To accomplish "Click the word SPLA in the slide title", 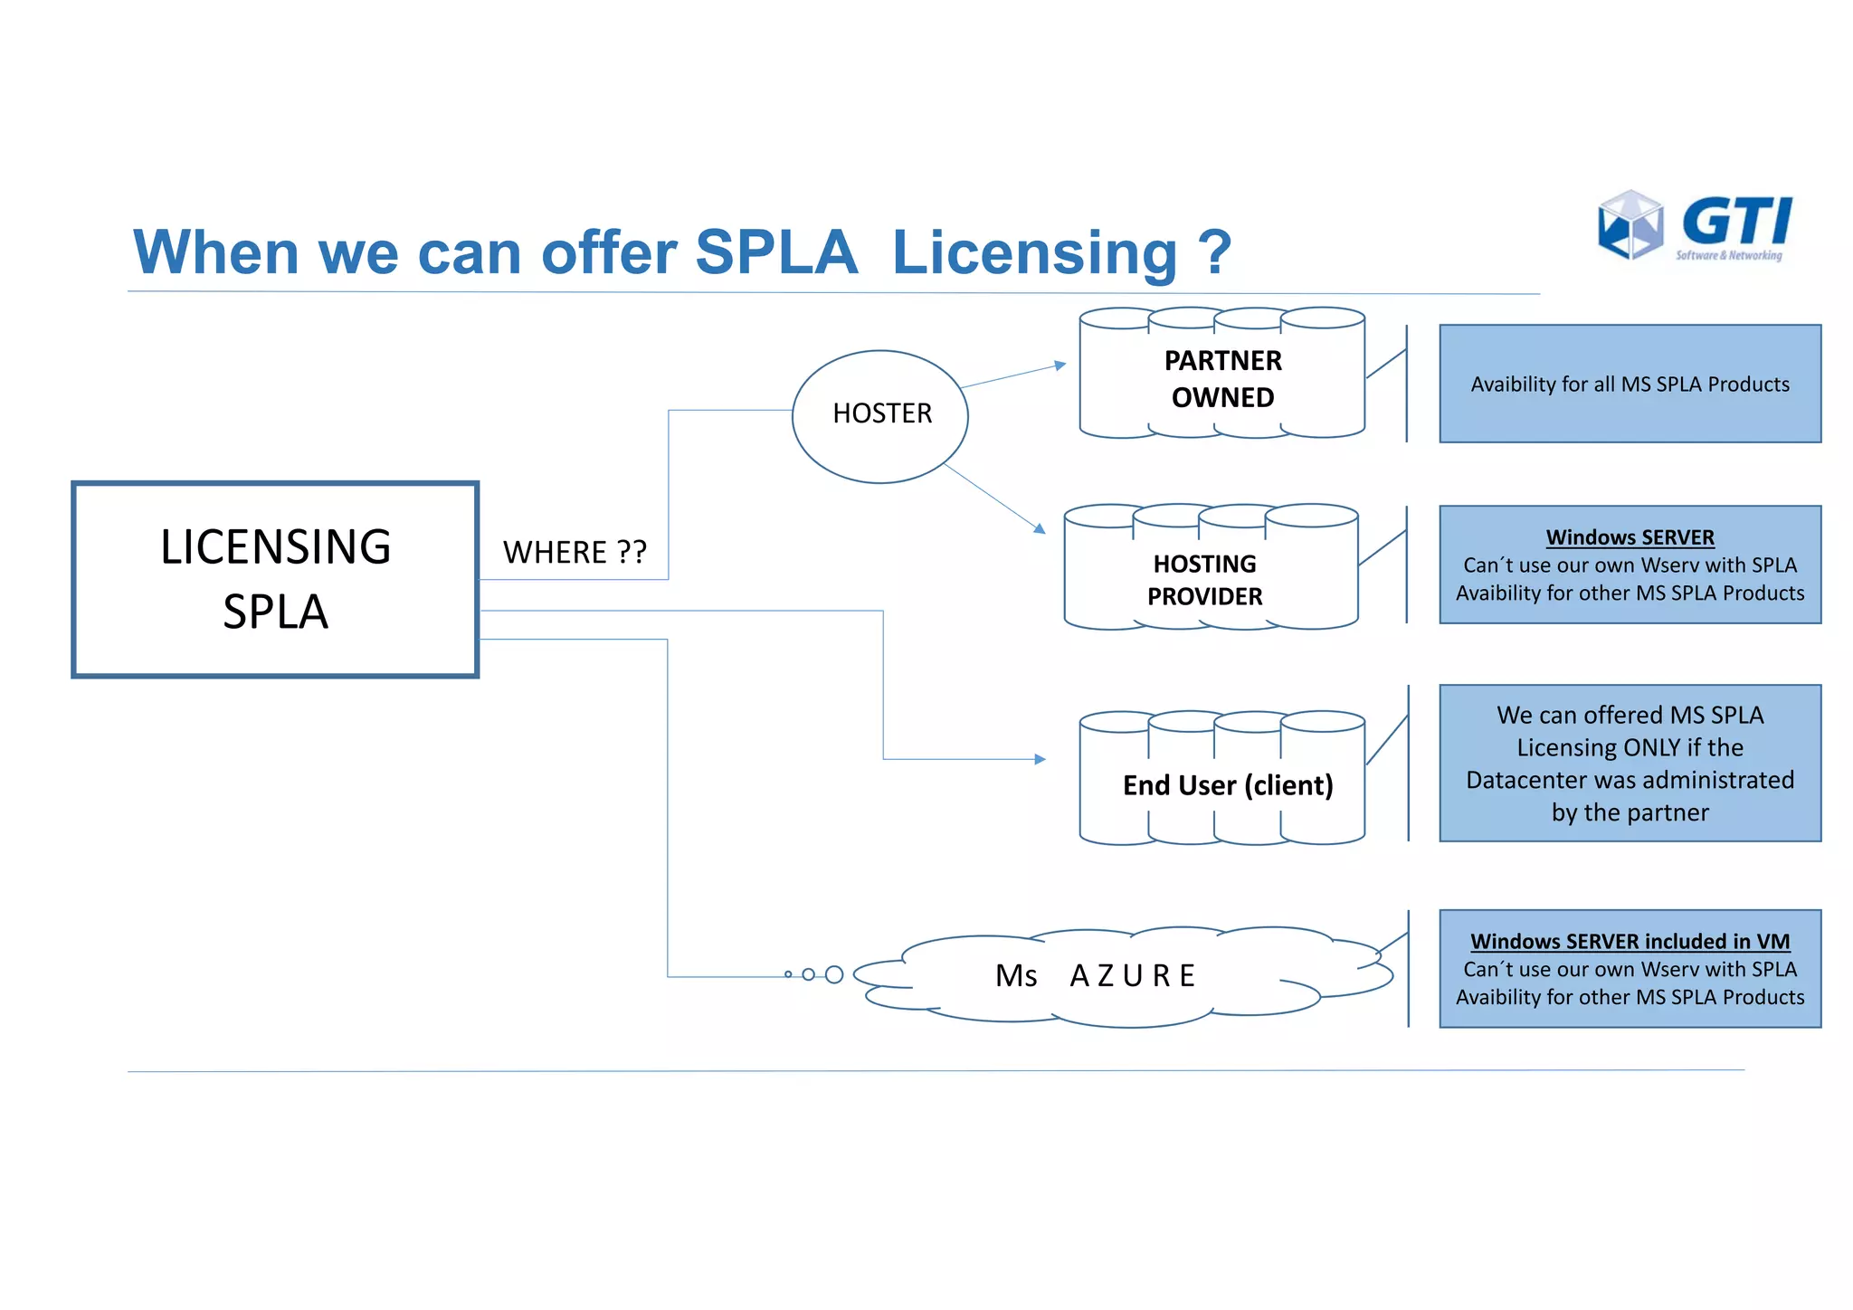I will coord(775,252).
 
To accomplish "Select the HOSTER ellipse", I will coord(880,415).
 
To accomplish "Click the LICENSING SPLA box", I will coord(275,579).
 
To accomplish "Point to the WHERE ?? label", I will coord(575,552).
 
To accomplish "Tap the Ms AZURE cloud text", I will coord(1096,975).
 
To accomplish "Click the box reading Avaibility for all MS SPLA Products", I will coord(1630,384).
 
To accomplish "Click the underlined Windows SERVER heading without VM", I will coord(1630,537).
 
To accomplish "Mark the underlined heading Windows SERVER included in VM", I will coord(1630,941).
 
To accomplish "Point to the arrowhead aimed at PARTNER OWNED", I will coord(1060,365).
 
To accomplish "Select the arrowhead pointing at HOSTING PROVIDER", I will coord(1040,528).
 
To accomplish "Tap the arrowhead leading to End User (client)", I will coord(1041,759).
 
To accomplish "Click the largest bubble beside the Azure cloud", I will coord(834,974).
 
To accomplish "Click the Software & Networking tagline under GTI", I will coord(1728,256).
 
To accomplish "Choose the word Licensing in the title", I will coord(1034,252).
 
